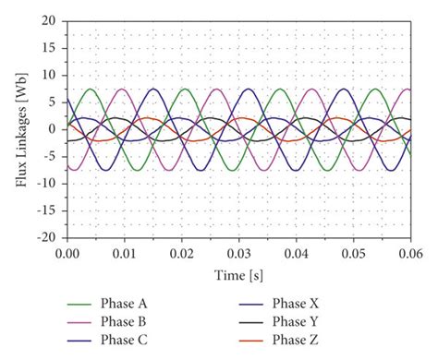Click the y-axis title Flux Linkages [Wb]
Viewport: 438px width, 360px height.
(x=20, y=129)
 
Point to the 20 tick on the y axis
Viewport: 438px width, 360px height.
(x=50, y=20)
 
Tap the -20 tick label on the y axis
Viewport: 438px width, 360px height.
(x=47, y=236)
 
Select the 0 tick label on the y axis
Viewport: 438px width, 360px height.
(x=54, y=128)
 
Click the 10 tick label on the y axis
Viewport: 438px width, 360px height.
(x=50, y=75)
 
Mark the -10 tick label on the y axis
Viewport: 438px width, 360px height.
(x=47, y=183)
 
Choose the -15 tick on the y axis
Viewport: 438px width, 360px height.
(x=47, y=210)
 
